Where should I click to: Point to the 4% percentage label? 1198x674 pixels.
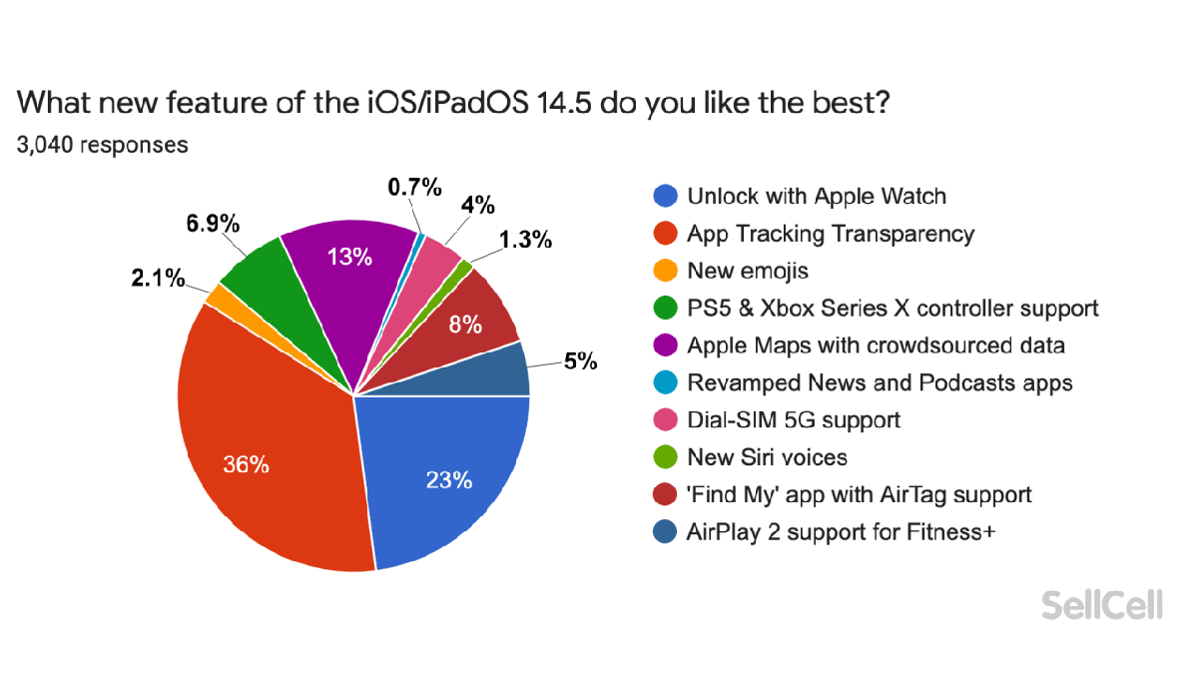[x=478, y=205]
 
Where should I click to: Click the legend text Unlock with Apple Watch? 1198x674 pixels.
[x=816, y=196]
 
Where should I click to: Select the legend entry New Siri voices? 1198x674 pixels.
[x=767, y=457]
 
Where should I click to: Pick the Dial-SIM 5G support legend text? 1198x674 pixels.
[x=793, y=420]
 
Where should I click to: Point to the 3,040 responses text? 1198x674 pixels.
[x=102, y=145]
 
